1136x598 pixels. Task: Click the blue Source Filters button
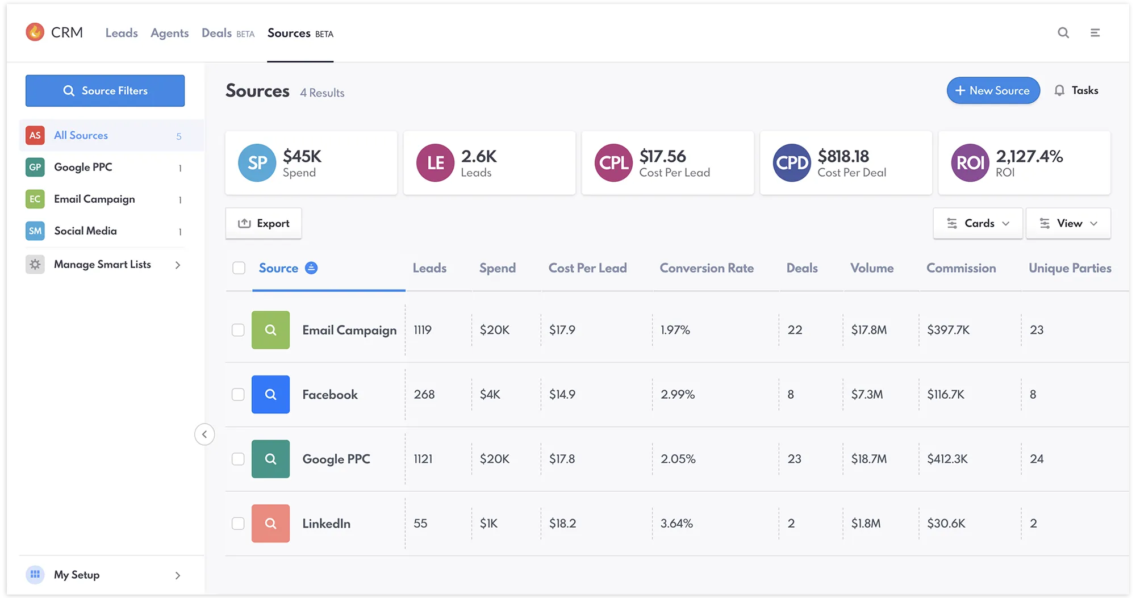pyautogui.click(x=105, y=91)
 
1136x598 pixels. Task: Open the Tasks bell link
pyautogui.click(x=1076, y=90)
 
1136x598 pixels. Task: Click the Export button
pyautogui.click(x=264, y=223)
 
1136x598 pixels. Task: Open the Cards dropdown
pyautogui.click(x=978, y=223)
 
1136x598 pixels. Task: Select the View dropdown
pyautogui.click(x=1068, y=223)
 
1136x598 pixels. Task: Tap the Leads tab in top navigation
pyautogui.click(x=122, y=33)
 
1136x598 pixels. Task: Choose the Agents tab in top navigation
pyautogui.click(x=169, y=33)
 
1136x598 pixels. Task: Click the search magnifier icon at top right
pyautogui.click(x=1063, y=33)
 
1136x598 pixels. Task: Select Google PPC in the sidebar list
pyautogui.click(x=83, y=167)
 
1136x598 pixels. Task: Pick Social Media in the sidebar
pyautogui.click(x=85, y=231)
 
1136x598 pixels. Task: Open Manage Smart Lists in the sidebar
pyautogui.click(x=102, y=265)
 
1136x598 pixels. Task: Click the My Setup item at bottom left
pyautogui.click(x=77, y=575)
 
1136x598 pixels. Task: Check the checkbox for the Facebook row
pyautogui.click(x=238, y=395)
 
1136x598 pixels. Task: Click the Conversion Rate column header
pyautogui.click(x=707, y=268)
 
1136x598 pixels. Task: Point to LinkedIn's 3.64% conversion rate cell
pyautogui.click(x=676, y=524)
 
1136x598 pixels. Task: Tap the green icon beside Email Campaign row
pyautogui.click(x=270, y=330)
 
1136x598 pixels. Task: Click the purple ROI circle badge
pyautogui.click(x=970, y=163)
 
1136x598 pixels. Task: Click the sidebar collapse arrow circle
pyautogui.click(x=204, y=434)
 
